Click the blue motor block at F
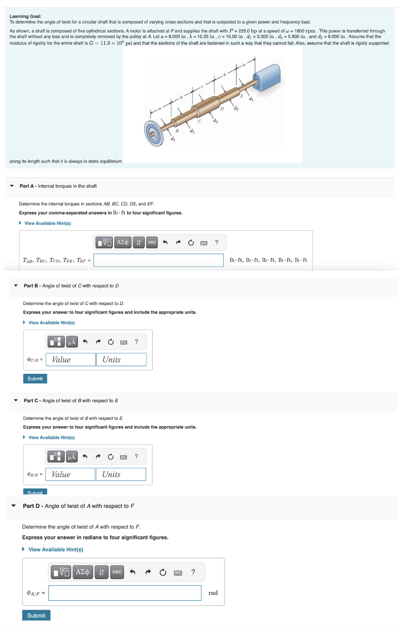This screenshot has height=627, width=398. (x=269, y=75)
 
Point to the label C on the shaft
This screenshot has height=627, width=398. (x=199, y=121)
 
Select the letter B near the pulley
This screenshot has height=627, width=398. (x=177, y=131)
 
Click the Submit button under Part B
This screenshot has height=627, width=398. (x=35, y=379)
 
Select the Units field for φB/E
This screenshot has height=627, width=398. (x=121, y=474)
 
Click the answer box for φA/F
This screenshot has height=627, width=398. (x=125, y=593)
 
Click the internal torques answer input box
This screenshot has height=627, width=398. (x=158, y=260)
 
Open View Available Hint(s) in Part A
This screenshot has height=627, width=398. (x=47, y=223)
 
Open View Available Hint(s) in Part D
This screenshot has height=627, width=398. (x=55, y=549)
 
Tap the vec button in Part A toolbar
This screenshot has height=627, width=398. (x=152, y=242)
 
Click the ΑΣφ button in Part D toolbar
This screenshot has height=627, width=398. (x=83, y=572)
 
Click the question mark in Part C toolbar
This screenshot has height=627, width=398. (x=136, y=457)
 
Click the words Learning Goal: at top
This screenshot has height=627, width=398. (x=25, y=16)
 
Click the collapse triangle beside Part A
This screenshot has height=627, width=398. (x=12, y=186)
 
